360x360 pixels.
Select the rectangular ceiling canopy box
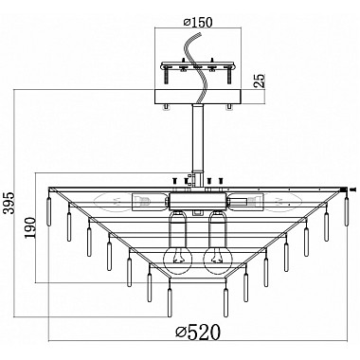(x=201, y=96)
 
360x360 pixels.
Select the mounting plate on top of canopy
(x=201, y=65)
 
